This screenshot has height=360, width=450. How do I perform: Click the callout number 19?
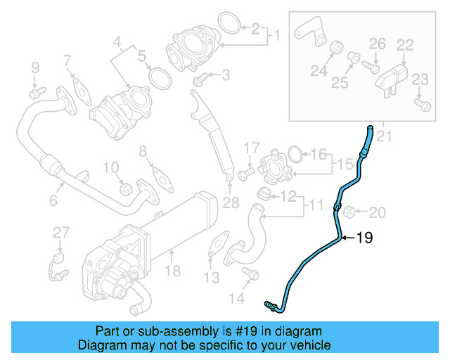click(x=364, y=238)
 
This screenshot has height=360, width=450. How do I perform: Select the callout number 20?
click(x=378, y=212)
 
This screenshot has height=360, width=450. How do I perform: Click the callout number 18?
click(x=172, y=271)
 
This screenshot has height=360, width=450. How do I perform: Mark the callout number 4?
click(x=117, y=42)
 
